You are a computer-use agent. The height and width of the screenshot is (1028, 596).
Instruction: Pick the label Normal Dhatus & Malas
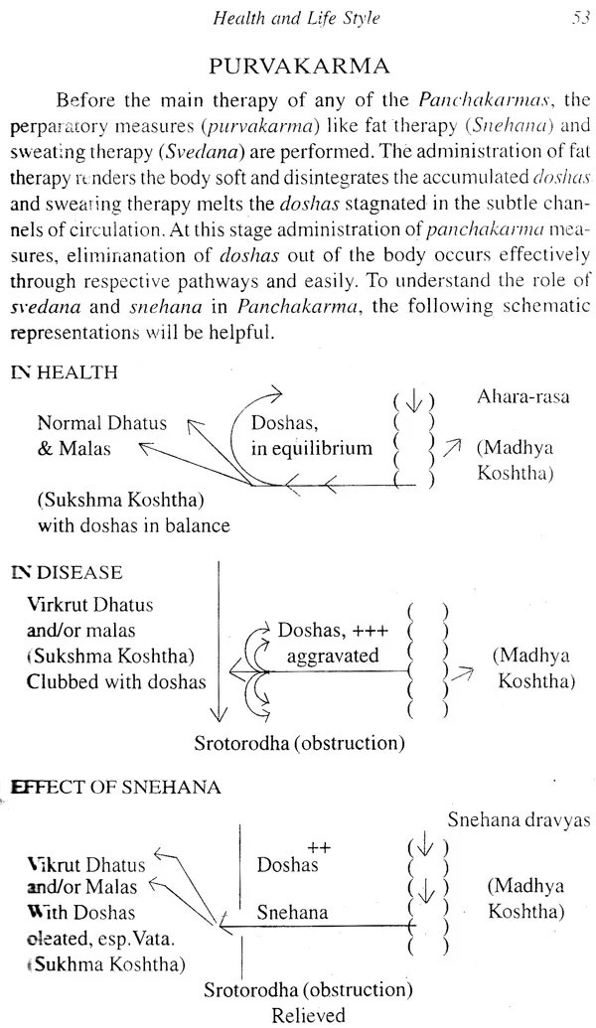pos(101,435)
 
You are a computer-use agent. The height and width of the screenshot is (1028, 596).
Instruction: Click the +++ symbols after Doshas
pos(367,630)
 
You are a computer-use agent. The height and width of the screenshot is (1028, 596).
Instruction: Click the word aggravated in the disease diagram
pos(332,656)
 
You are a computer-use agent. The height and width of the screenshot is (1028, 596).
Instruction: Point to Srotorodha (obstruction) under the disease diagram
pos(302,742)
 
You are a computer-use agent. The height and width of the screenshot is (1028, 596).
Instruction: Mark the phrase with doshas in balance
pos(133,524)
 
